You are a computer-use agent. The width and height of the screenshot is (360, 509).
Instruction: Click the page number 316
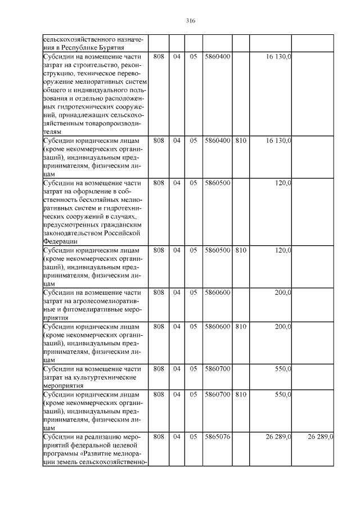coord(190,21)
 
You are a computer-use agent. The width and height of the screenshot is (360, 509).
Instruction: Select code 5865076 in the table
coord(217,436)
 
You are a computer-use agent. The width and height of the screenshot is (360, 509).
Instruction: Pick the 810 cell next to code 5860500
coord(240,249)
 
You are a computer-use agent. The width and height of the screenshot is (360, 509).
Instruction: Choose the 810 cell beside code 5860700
coord(240,394)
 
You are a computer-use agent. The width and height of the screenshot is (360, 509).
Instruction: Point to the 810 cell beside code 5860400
coord(240,140)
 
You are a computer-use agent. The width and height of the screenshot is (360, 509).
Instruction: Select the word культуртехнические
coord(107,377)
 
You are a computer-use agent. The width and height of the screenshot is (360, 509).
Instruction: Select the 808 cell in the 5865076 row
coord(159,436)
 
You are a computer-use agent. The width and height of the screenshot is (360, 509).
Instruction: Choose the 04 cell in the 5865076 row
coord(176,436)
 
